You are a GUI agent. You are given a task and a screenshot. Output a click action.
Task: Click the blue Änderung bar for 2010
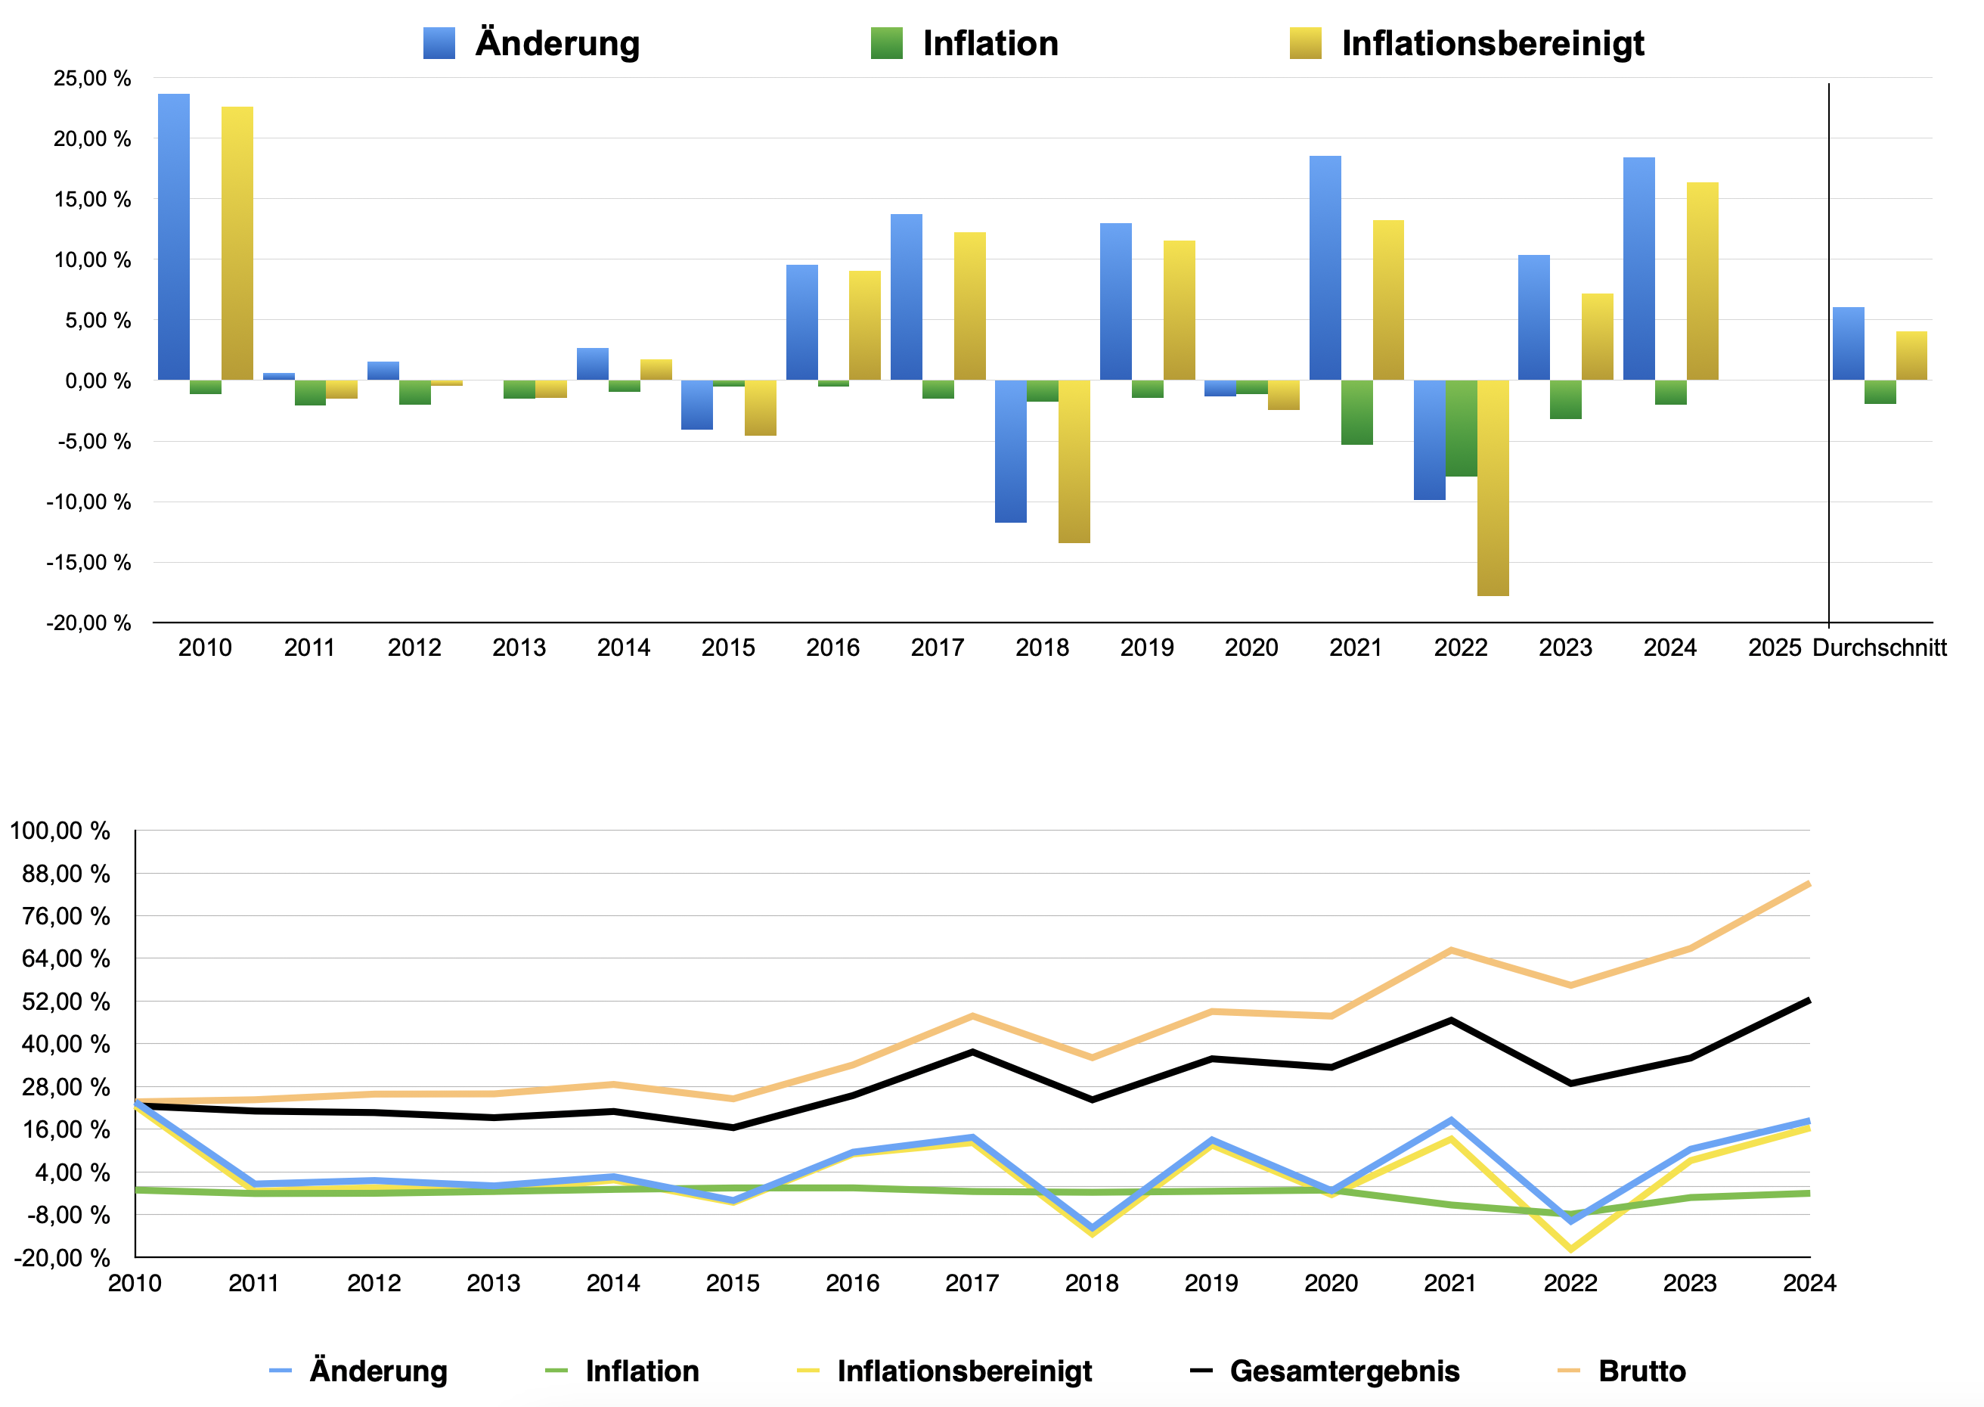[x=174, y=237]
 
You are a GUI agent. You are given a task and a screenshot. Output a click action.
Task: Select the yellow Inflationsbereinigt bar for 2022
[x=1493, y=488]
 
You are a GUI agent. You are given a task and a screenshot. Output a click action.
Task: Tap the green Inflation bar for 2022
[x=1461, y=428]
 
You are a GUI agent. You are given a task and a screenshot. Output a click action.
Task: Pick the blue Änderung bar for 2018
[x=1011, y=452]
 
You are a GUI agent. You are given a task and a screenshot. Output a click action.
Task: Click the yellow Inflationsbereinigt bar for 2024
[x=1703, y=281]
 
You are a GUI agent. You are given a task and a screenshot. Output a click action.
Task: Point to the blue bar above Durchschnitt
[x=1848, y=343]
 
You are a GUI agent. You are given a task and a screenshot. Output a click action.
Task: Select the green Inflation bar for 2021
[x=1357, y=412]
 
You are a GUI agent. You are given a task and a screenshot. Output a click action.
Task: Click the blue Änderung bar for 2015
[x=697, y=405]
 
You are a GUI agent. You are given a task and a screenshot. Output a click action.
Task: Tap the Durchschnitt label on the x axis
[x=1879, y=648]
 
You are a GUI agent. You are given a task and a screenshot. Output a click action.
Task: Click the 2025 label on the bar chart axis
[x=1775, y=648]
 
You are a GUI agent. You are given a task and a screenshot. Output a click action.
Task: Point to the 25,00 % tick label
[x=91, y=78]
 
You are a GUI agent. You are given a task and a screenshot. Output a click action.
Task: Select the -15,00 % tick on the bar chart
[x=88, y=562]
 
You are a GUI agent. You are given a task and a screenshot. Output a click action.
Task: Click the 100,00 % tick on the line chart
[x=60, y=830]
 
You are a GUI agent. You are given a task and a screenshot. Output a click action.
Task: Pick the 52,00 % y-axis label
[x=66, y=1001]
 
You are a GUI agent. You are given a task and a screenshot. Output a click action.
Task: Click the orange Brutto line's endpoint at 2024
[x=1808, y=883]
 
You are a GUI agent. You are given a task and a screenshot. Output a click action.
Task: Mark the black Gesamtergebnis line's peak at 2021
[x=1450, y=1020]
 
